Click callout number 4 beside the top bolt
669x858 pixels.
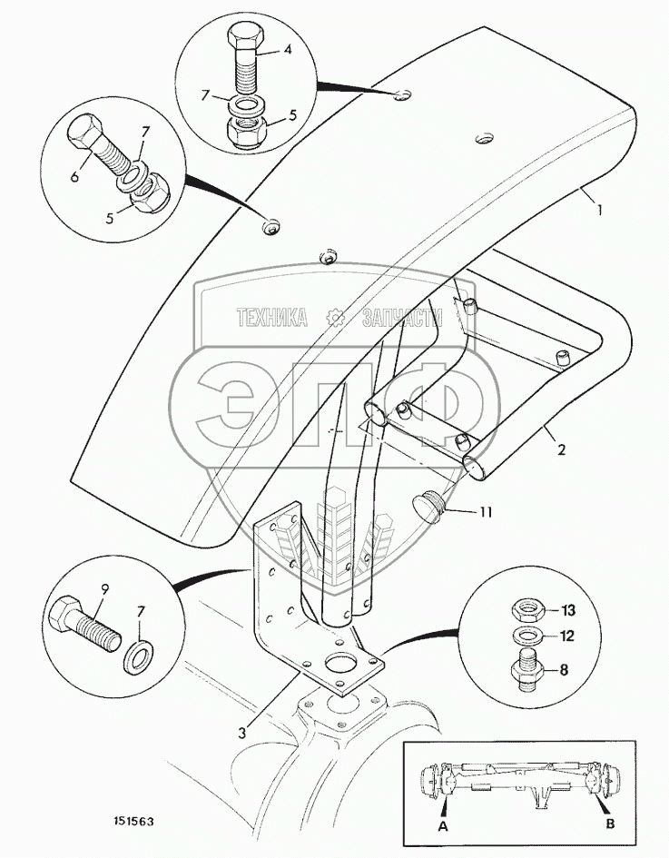[x=288, y=50]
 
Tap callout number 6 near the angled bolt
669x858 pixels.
[x=74, y=176]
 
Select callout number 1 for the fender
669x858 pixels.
[x=599, y=210]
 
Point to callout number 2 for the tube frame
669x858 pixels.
[x=561, y=449]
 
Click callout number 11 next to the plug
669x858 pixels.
[x=486, y=512]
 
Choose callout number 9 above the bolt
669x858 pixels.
[x=104, y=590]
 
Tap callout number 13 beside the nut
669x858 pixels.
[x=568, y=610]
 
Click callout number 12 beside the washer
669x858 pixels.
[x=567, y=636]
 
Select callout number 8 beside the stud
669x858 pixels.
[x=565, y=670]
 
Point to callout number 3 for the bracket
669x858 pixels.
[x=242, y=732]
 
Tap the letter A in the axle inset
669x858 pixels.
[x=443, y=826]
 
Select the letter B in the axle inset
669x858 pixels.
[x=611, y=823]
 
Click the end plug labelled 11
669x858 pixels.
[x=428, y=506]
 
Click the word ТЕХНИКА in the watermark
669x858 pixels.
[x=272, y=318]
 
